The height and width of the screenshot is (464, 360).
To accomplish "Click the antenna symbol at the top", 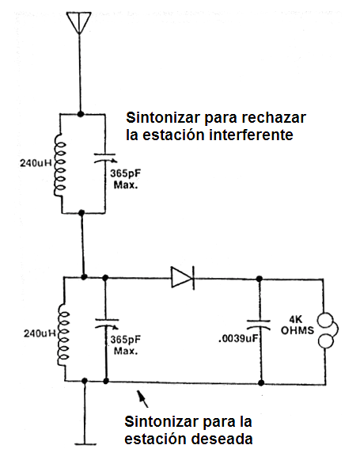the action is click(79, 23).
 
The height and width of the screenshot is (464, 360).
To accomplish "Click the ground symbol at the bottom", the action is click(85, 444).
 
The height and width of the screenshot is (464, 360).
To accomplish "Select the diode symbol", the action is click(183, 277).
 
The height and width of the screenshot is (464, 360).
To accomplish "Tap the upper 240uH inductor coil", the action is click(60, 165).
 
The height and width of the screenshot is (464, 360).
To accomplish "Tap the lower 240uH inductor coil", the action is click(63, 335).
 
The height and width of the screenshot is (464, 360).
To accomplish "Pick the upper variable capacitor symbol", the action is click(105, 158).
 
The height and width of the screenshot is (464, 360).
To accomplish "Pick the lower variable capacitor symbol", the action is click(106, 323).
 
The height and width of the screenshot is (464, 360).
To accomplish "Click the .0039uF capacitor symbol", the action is click(260, 325).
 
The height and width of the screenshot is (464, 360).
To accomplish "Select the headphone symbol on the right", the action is click(328, 330).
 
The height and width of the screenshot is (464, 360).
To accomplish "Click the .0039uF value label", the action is click(238, 339).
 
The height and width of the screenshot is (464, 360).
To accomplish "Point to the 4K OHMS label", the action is click(297, 325).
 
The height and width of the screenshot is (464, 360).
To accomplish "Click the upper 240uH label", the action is click(36, 163).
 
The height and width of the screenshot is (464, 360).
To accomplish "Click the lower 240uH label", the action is click(40, 333).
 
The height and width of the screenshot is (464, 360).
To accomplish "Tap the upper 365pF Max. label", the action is click(126, 179).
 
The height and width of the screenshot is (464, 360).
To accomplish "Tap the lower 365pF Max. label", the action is click(126, 345).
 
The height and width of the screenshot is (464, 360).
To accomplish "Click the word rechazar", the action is click(274, 117).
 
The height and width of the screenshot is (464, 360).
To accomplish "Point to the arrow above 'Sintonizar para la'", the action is click(142, 399).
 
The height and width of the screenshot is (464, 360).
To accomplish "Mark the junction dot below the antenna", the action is click(80, 114).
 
